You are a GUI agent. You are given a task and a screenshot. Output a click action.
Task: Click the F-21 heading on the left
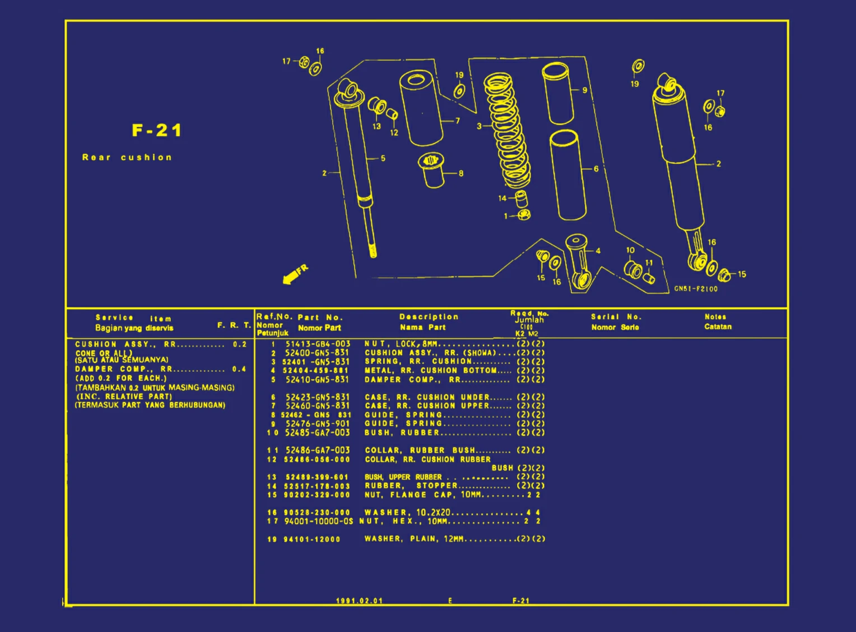[157, 131]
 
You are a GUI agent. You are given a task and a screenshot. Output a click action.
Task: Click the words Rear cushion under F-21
[127, 158]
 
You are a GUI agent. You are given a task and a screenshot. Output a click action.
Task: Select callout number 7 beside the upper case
[458, 121]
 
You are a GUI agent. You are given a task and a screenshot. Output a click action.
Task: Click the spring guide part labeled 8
[431, 170]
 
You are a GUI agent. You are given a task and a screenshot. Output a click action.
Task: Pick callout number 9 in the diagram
[584, 90]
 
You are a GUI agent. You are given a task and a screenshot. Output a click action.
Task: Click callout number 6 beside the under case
[596, 169]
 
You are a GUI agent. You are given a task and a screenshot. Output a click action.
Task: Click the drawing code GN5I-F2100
[696, 289]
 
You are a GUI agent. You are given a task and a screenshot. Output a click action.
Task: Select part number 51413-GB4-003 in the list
[318, 344]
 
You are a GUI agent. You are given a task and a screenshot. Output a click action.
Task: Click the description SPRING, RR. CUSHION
[418, 362]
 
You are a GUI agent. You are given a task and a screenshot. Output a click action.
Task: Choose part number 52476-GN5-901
[318, 424]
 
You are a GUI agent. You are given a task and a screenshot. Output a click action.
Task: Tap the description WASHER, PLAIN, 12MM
[414, 539]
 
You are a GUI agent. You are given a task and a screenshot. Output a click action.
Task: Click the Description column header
[429, 317]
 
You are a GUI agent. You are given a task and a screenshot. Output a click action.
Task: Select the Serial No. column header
[616, 317]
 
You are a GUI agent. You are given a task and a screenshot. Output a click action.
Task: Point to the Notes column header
[715, 317]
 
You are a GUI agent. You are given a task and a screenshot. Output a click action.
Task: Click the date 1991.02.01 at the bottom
[359, 601]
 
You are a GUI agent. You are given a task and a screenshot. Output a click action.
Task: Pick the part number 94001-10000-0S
[318, 522]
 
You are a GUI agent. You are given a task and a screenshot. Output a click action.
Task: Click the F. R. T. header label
[234, 325]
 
